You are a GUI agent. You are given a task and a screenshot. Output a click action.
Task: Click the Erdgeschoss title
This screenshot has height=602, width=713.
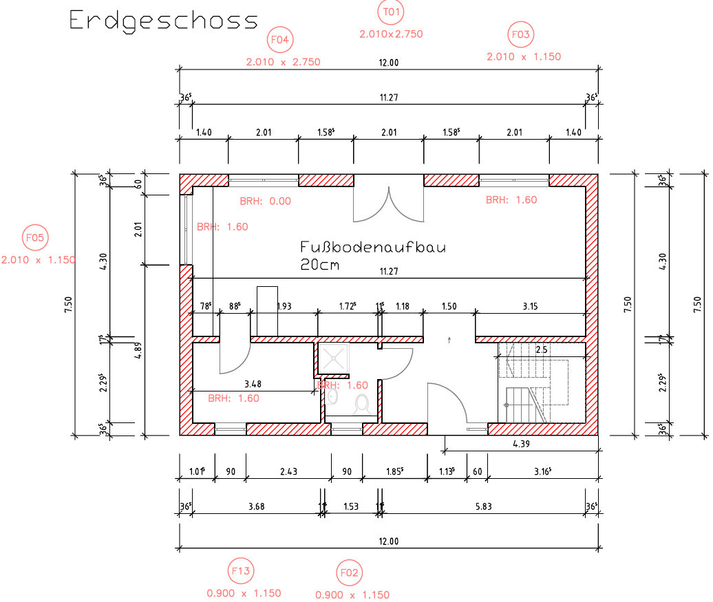point(163,21)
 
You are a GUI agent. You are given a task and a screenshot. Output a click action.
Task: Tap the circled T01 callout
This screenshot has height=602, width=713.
point(391,12)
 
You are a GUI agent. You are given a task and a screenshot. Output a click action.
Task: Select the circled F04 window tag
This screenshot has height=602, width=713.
point(280,39)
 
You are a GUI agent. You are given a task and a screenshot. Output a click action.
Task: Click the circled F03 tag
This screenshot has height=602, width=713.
point(521,34)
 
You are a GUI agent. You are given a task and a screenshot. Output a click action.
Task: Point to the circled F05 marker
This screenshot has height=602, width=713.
point(35,237)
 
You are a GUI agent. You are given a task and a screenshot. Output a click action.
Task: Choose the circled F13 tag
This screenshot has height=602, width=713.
point(241,570)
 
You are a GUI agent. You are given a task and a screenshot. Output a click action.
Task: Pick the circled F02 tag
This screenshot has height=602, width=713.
point(349,573)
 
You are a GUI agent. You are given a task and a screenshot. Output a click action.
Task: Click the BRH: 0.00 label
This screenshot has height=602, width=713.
point(266,201)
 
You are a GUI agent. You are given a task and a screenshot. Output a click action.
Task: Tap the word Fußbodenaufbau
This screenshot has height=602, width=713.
point(373,247)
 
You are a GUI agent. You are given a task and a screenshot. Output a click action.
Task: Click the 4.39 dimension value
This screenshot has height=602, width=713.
point(521,444)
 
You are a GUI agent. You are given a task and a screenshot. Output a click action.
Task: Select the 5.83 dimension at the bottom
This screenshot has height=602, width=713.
point(483,506)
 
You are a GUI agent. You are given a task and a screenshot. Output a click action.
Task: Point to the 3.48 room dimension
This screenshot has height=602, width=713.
point(253,384)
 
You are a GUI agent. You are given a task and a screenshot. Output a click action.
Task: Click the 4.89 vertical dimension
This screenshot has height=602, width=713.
point(138,351)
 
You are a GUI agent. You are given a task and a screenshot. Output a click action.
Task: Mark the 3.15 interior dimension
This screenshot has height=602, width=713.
point(530,306)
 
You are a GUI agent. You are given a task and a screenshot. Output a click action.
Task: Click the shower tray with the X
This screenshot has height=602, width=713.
point(333,357)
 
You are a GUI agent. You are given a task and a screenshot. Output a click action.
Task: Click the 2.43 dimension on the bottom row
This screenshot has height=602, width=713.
point(289,471)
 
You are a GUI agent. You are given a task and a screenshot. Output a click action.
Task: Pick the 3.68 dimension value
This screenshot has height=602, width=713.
point(257,506)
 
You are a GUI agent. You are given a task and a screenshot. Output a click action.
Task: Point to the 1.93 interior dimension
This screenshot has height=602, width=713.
point(284,306)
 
